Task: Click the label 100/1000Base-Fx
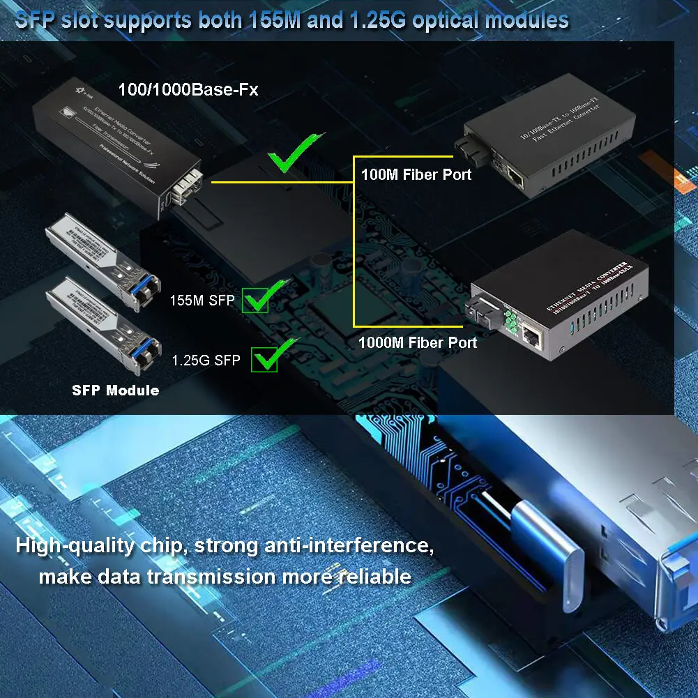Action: coord(188,89)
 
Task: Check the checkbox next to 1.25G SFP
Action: coord(265,360)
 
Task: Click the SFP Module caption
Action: coord(115,390)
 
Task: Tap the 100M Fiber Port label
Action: coord(416,174)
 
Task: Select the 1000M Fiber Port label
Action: coord(417,342)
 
